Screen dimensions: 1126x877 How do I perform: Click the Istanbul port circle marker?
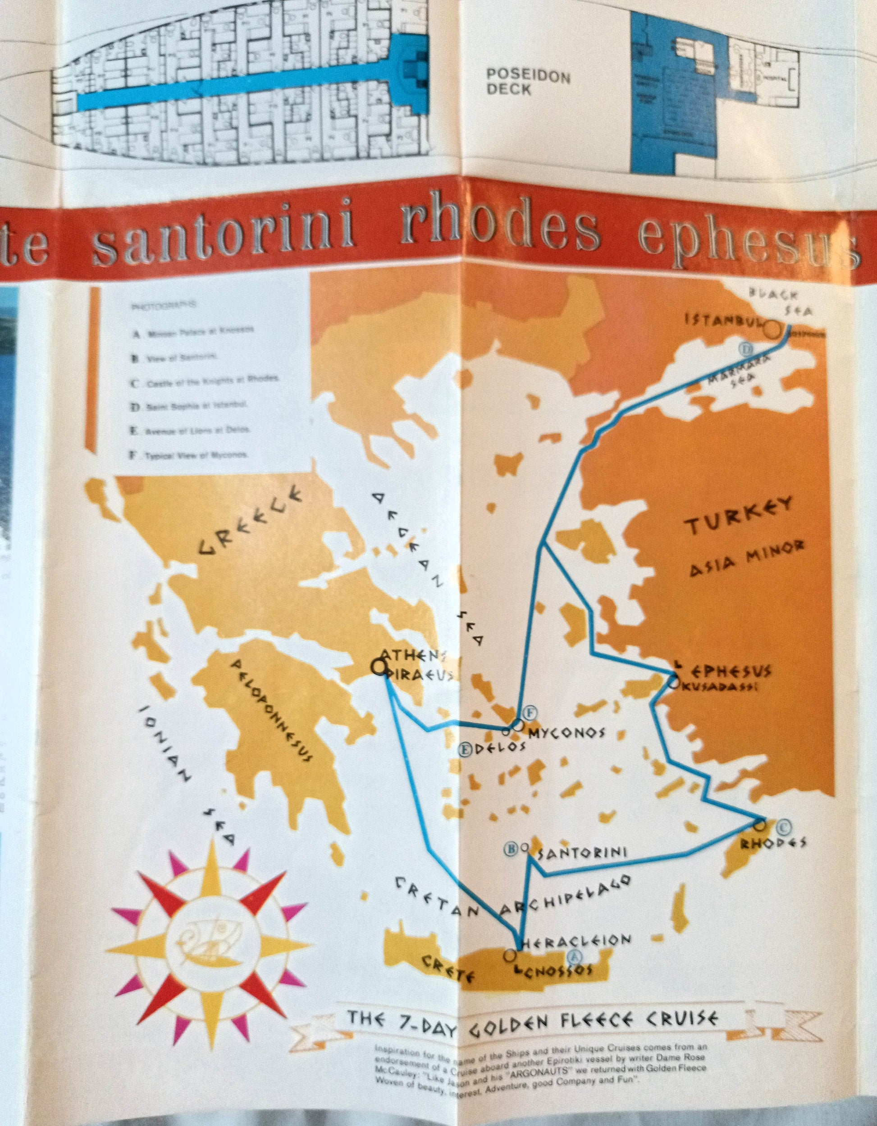[x=772, y=329]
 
